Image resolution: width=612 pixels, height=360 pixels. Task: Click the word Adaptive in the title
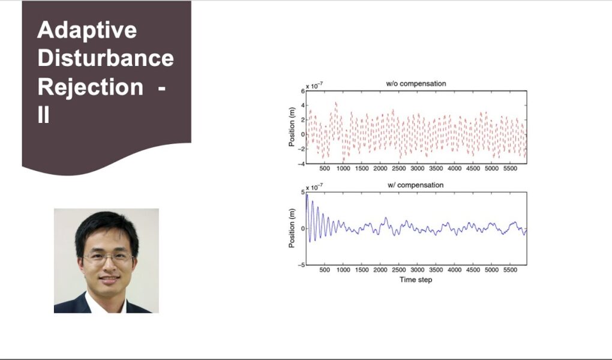pos(87,30)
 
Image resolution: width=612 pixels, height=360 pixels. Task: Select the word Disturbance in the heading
pos(106,58)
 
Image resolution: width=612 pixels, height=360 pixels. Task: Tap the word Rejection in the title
pos(91,87)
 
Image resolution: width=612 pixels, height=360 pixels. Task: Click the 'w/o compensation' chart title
pos(416,83)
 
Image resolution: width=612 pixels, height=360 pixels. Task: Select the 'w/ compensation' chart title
pos(416,185)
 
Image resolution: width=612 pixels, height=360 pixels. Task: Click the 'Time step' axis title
pos(416,280)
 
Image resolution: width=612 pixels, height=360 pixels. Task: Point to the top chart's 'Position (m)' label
pos(292,127)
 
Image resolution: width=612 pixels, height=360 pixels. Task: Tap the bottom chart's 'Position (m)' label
pos(292,228)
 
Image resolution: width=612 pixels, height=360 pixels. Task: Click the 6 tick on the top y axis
pos(302,91)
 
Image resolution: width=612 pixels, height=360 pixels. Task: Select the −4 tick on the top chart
pos(301,164)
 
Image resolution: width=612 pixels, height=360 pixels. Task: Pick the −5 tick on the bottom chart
pos(301,265)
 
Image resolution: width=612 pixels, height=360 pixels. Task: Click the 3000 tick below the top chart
pos(417,168)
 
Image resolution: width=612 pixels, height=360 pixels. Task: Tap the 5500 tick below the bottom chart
pos(510,270)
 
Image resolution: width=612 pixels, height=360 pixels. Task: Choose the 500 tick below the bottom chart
pos(325,270)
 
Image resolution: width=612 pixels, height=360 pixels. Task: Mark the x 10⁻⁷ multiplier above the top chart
pos(314,86)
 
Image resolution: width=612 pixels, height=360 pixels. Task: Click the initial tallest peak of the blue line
pos(307,194)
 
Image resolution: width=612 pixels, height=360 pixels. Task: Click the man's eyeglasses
pos(108,257)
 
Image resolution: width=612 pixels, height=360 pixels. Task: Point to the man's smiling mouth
pos(109,278)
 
